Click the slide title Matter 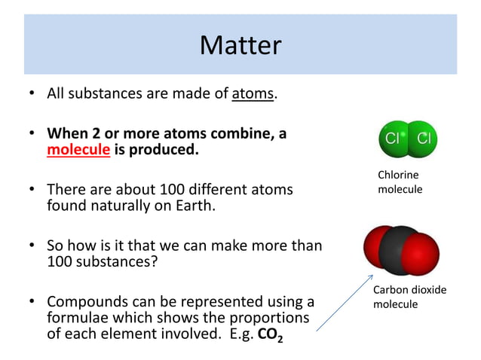[x=240, y=46]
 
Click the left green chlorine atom [x=393, y=139]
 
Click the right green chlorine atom [x=423, y=139]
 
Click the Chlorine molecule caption [x=400, y=182]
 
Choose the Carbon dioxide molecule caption [x=409, y=297]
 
